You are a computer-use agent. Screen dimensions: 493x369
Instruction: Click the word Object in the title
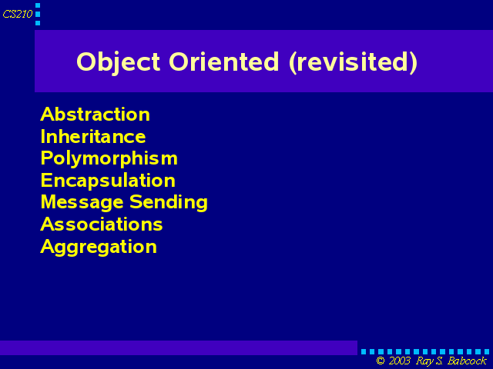click(x=118, y=63)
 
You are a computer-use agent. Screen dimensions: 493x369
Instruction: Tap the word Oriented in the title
click(x=224, y=61)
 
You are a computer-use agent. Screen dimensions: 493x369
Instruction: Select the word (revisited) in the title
click(x=353, y=62)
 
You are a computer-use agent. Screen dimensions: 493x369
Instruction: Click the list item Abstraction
click(x=96, y=115)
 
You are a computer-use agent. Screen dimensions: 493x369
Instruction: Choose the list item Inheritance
click(x=93, y=136)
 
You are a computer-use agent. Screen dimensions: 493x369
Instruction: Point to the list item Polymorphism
click(x=109, y=159)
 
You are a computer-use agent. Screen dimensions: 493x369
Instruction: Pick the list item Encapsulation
click(x=108, y=181)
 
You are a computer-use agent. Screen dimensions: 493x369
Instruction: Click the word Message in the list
click(x=82, y=202)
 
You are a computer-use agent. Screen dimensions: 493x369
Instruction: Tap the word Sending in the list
click(x=169, y=202)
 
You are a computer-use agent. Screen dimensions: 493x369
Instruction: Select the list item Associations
click(x=102, y=224)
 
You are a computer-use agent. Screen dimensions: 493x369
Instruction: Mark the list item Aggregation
click(x=99, y=247)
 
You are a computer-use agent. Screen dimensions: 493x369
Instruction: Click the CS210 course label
click(x=18, y=14)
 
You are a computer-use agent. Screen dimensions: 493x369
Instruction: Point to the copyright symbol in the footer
click(x=381, y=361)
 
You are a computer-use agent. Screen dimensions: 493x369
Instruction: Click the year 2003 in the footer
click(x=399, y=361)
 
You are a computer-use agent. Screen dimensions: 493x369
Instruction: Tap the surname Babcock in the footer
click(x=468, y=361)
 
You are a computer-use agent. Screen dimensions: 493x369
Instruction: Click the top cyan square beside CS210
click(x=38, y=5)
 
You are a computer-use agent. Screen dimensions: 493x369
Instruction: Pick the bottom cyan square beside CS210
click(x=38, y=23)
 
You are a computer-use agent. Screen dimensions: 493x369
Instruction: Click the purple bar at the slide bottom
click(x=179, y=347)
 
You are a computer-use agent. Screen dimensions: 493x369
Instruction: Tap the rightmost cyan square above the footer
click(x=487, y=352)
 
